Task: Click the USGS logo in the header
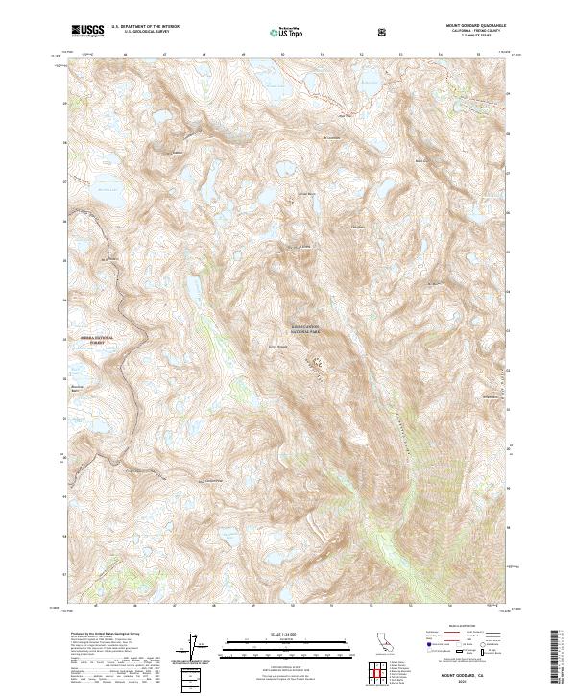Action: (x=87, y=31)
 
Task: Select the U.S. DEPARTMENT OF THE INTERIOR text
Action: (x=145, y=27)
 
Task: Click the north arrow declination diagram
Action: (x=200, y=649)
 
